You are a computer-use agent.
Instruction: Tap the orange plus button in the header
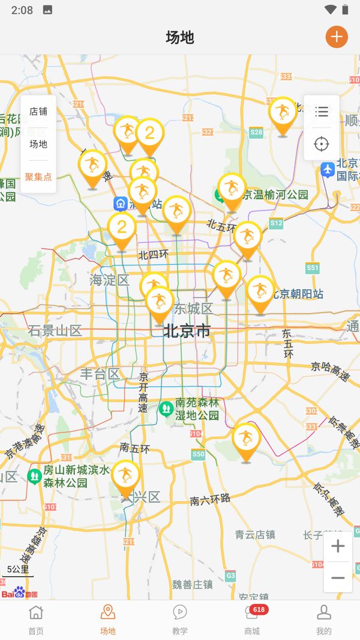tap(337, 37)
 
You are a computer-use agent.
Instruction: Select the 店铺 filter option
tap(38, 112)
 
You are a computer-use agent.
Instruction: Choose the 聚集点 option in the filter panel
tap(38, 177)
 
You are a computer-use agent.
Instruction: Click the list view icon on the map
tap(322, 112)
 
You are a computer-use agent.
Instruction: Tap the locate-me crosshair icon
tap(322, 144)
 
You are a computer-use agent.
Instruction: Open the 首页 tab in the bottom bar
tap(36, 620)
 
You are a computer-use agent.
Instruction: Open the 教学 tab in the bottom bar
tap(180, 620)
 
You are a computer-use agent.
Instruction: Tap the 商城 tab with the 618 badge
tap(252, 620)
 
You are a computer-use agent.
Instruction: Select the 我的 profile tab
tap(324, 620)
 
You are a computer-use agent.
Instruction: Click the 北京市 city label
tap(187, 330)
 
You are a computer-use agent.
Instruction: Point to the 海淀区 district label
tap(109, 280)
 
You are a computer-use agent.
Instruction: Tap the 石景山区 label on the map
tap(55, 330)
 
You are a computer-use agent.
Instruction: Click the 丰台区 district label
tap(100, 374)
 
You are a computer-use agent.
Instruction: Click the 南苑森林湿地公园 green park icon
tap(166, 409)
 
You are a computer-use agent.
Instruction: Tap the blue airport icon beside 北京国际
tap(327, 169)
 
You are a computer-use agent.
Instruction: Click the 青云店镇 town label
tap(255, 534)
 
